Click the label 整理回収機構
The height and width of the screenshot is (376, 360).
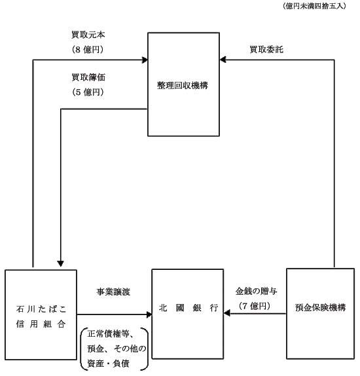(183, 85)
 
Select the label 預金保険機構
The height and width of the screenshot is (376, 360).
(321, 307)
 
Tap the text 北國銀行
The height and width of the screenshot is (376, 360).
(189, 308)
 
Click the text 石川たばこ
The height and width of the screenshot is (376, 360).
(41, 309)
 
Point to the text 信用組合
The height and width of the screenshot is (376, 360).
(41, 324)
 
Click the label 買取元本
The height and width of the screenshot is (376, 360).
(88, 35)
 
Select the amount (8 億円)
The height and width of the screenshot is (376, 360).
(88, 50)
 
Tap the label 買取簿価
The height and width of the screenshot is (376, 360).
(88, 77)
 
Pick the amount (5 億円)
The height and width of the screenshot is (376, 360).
(88, 92)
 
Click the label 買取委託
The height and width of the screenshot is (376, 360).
(266, 50)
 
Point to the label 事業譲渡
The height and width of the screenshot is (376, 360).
(113, 292)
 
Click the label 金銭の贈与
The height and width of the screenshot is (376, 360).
(256, 291)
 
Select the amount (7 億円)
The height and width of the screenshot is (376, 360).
(255, 306)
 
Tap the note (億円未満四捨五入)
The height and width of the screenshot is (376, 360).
(314, 6)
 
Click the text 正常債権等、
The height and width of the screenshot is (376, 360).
(112, 333)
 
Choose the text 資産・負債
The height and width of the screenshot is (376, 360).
(108, 364)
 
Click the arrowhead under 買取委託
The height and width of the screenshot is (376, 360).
(223, 60)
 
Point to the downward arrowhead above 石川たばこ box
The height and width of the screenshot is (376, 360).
(61, 263)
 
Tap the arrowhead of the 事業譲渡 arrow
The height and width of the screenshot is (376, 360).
(149, 314)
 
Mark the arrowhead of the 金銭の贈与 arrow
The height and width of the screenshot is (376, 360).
(226, 313)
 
